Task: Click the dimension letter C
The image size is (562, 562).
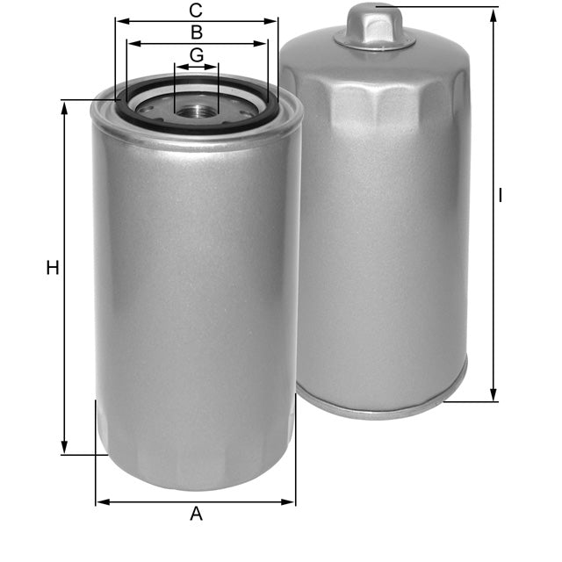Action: coord(197,11)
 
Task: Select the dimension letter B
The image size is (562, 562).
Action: coord(197,32)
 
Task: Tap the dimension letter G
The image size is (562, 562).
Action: coord(197,54)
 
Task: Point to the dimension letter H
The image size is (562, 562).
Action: coord(53,268)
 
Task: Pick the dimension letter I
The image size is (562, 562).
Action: coord(501,196)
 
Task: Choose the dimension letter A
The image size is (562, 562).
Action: coord(196,515)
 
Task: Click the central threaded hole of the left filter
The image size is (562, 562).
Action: coord(196,111)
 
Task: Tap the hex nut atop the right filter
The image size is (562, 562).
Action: coord(375,25)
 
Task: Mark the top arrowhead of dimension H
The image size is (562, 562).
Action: coord(65,105)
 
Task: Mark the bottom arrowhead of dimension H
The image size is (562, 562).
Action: coord(65,449)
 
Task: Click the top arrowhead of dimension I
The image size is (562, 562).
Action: coord(494,12)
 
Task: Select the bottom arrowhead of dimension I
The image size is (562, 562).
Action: coord(494,396)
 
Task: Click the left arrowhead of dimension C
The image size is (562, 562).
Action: coord(120,21)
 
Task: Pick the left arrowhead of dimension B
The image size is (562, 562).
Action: coord(132,42)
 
